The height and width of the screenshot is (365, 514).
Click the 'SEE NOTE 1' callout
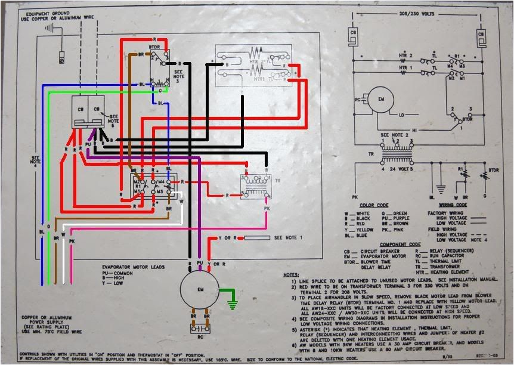[x=287, y=238]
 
